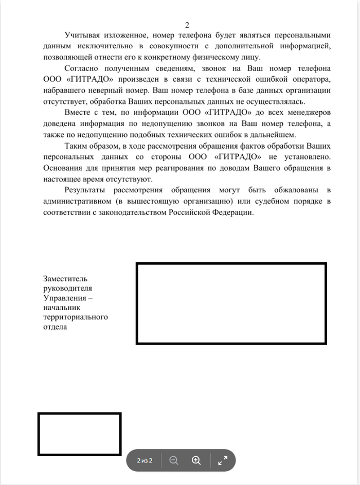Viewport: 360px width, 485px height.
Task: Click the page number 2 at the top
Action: click(187, 25)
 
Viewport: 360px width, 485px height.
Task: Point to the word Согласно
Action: click(82, 68)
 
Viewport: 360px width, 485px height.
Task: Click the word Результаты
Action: click(85, 190)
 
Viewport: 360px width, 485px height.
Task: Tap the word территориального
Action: click(76, 317)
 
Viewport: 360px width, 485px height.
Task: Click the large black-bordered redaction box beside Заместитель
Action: click(231, 303)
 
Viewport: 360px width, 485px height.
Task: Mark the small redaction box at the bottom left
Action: click(79, 434)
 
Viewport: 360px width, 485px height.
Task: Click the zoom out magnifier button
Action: click(174, 460)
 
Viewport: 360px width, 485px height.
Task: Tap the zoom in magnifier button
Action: click(196, 460)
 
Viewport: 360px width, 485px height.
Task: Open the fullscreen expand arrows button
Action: click(223, 460)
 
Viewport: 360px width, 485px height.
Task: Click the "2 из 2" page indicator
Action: click(145, 460)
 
